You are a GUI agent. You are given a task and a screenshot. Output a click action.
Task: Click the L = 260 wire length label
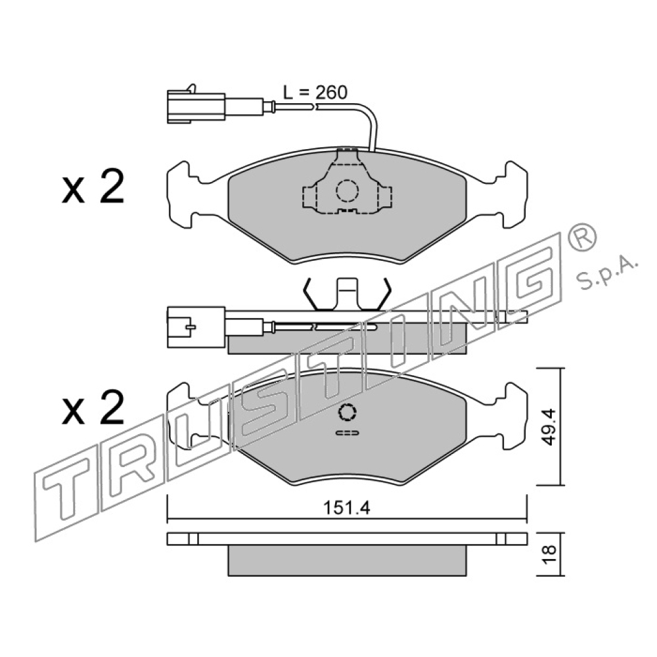pos(315,93)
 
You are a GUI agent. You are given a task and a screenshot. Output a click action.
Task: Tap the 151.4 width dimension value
pos(346,509)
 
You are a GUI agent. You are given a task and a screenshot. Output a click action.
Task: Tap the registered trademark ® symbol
pos(581,237)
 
